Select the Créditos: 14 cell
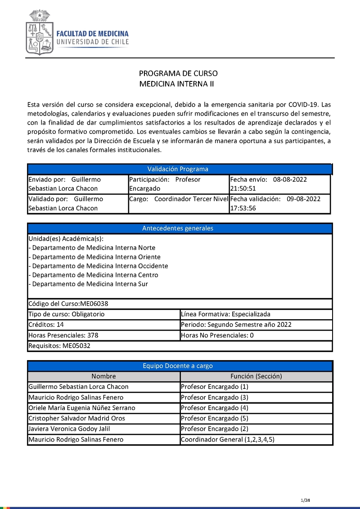(103, 325)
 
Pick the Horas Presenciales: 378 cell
(103, 335)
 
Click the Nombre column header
(103, 376)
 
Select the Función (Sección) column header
(256, 376)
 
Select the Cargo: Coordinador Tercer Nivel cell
(179, 199)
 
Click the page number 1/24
(306, 500)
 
